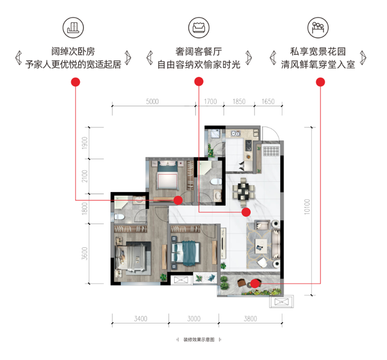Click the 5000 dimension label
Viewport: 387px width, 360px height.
152,102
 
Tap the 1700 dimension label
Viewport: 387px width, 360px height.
210,102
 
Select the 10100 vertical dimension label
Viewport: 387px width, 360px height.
307,207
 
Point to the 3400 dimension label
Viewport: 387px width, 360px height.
141,318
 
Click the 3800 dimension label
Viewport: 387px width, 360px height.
251,318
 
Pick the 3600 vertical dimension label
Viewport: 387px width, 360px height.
85,254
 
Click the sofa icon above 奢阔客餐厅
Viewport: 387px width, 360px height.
199,28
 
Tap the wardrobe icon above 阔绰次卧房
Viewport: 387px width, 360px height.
73,28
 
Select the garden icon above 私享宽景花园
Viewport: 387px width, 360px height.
318,28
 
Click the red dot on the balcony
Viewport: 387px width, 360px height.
255,284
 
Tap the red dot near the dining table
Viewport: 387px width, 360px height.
246,212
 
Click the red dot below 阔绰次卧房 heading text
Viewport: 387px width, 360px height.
75,82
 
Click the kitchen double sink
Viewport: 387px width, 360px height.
236,134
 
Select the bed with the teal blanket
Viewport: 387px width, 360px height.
186,252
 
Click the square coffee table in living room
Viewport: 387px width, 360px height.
261,245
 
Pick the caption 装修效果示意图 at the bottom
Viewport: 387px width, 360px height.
199,340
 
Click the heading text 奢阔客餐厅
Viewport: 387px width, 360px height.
199,52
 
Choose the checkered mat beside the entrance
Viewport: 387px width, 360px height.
271,151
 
